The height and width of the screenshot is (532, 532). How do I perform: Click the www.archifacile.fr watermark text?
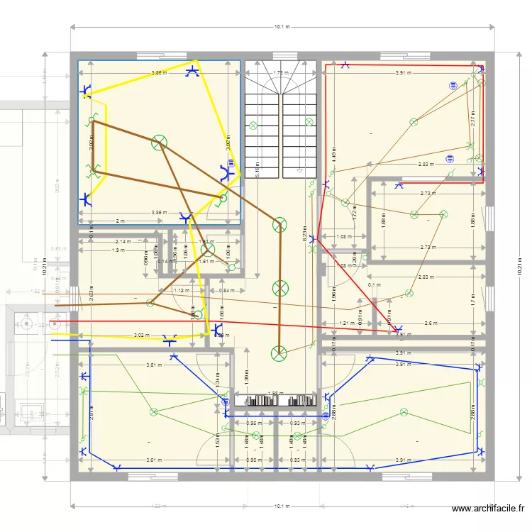coord(489,508)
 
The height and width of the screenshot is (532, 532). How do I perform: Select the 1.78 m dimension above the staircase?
coord(281,72)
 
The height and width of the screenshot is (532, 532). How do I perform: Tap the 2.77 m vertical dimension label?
coord(473,121)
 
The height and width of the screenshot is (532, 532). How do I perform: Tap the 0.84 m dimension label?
coord(226,290)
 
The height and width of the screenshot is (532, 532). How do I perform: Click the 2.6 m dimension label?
coord(431,323)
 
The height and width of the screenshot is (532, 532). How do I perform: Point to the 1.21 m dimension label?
coord(345,323)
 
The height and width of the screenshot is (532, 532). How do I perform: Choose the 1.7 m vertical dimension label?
coord(473,299)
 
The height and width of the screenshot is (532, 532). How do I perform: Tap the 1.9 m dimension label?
coord(118,250)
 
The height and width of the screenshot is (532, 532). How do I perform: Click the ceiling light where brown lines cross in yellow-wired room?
coord(160,142)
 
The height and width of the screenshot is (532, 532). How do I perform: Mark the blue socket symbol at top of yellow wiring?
coord(192,70)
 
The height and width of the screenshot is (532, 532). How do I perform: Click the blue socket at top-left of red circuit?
coord(345,65)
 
